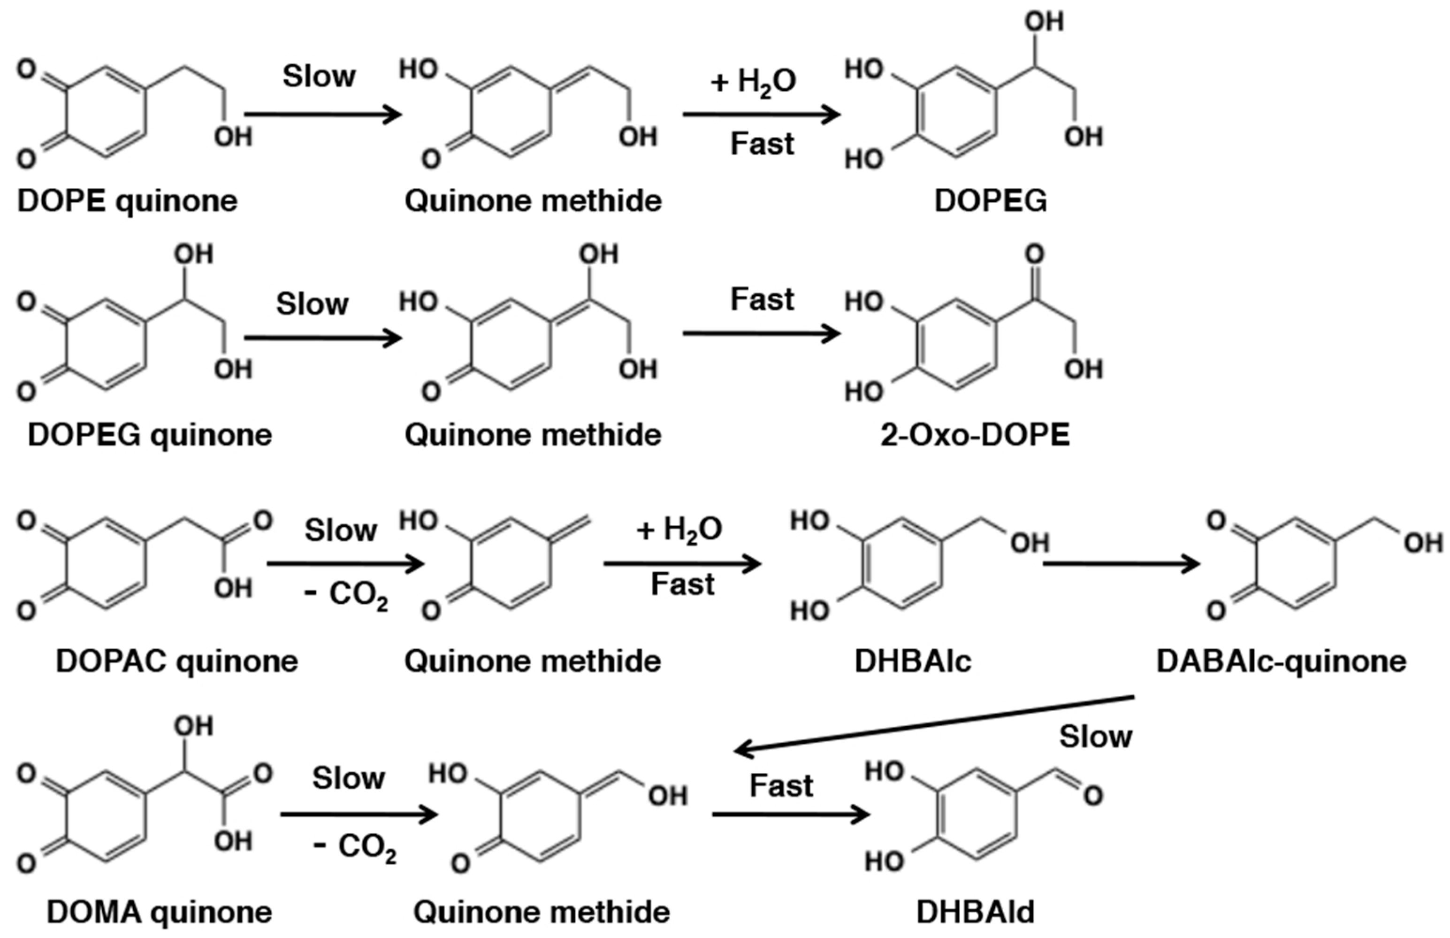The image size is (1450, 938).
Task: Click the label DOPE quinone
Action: pyautogui.click(x=127, y=201)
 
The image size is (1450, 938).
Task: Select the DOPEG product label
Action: pyautogui.click(x=991, y=201)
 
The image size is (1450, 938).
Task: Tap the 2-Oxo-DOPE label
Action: pyautogui.click(x=975, y=435)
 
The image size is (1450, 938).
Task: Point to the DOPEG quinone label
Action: pyautogui.click(x=150, y=435)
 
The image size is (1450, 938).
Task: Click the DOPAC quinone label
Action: pyautogui.click(x=176, y=661)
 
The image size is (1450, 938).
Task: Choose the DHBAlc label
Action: pyautogui.click(x=913, y=661)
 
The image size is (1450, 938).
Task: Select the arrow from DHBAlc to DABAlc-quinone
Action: pyautogui.click(x=1120, y=564)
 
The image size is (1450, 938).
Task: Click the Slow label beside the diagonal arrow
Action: pyautogui.click(x=1096, y=737)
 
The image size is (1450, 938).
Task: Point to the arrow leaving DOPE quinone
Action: pyautogui.click(x=323, y=114)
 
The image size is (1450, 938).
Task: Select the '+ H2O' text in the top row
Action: pyautogui.click(x=753, y=82)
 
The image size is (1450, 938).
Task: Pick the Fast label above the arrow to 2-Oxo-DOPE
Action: pyautogui.click(x=762, y=300)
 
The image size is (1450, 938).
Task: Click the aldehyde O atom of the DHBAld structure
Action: pyautogui.click(x=1093, y=795)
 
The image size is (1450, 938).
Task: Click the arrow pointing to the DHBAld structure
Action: pyautogui.click(x=790, y=815)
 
